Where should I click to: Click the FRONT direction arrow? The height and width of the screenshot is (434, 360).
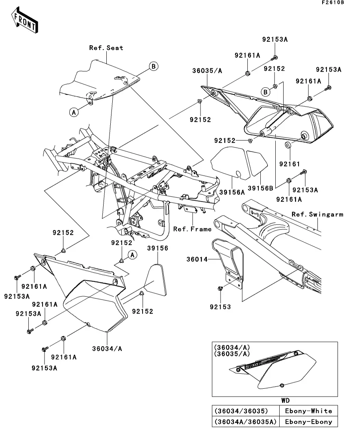coord(25,21)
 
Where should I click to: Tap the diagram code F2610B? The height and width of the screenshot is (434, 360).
coord(332,3)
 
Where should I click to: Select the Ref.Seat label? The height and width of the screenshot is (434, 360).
coord(106,48)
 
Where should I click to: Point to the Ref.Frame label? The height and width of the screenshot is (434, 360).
coord(193,229)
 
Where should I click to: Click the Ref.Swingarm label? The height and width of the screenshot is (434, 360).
coord(317,214)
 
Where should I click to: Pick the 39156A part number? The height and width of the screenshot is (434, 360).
coord(232,192)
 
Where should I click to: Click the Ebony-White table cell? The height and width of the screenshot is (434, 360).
coord(308,411)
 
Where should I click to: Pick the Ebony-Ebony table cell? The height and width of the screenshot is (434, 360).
coord(308,422)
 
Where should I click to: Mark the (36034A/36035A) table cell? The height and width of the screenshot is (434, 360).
coord(246,422)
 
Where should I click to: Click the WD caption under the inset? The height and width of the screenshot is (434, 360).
coord(286,401)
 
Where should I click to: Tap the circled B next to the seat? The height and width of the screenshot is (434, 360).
coord(153,66)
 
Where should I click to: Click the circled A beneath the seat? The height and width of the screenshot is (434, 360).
coord(73,112)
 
